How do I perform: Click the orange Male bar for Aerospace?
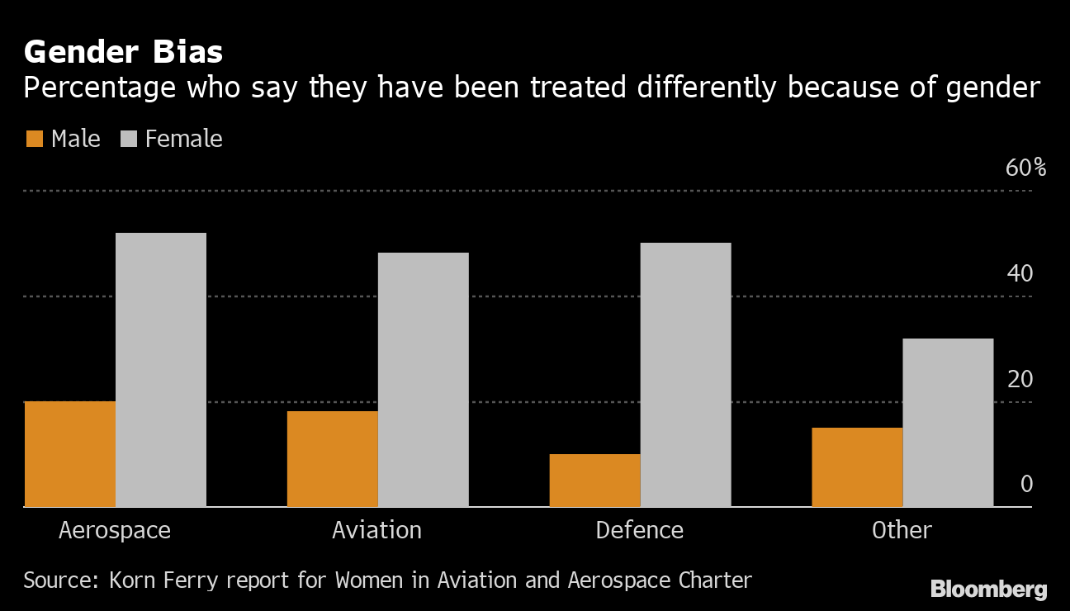click(x=70, y=453)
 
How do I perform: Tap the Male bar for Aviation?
click(x=332, y=458)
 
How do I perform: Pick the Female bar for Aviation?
click(x=423, y=379)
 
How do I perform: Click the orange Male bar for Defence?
click(x=594, y=480)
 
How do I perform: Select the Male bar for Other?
click(x=857, y=467)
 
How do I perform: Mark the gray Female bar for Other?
click(x=948, y=422)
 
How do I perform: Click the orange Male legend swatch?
click(x=34, y=139)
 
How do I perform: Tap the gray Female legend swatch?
click(x=128, y=139)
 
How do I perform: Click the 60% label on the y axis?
click(x=1025, y=168)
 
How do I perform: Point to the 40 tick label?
click(x=1020, y=273)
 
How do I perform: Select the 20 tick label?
click(x=1020, y=379)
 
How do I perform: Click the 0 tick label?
click(x=1026, y=484)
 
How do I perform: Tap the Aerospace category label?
click(x=115, y=530)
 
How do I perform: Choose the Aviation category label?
click(x=376, y=530)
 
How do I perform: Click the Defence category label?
click(x=640, y=530)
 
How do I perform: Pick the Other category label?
click(x=902, y=530)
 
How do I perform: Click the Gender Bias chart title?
click(x=123, y=52)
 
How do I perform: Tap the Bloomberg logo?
click(x=988, y=590)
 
